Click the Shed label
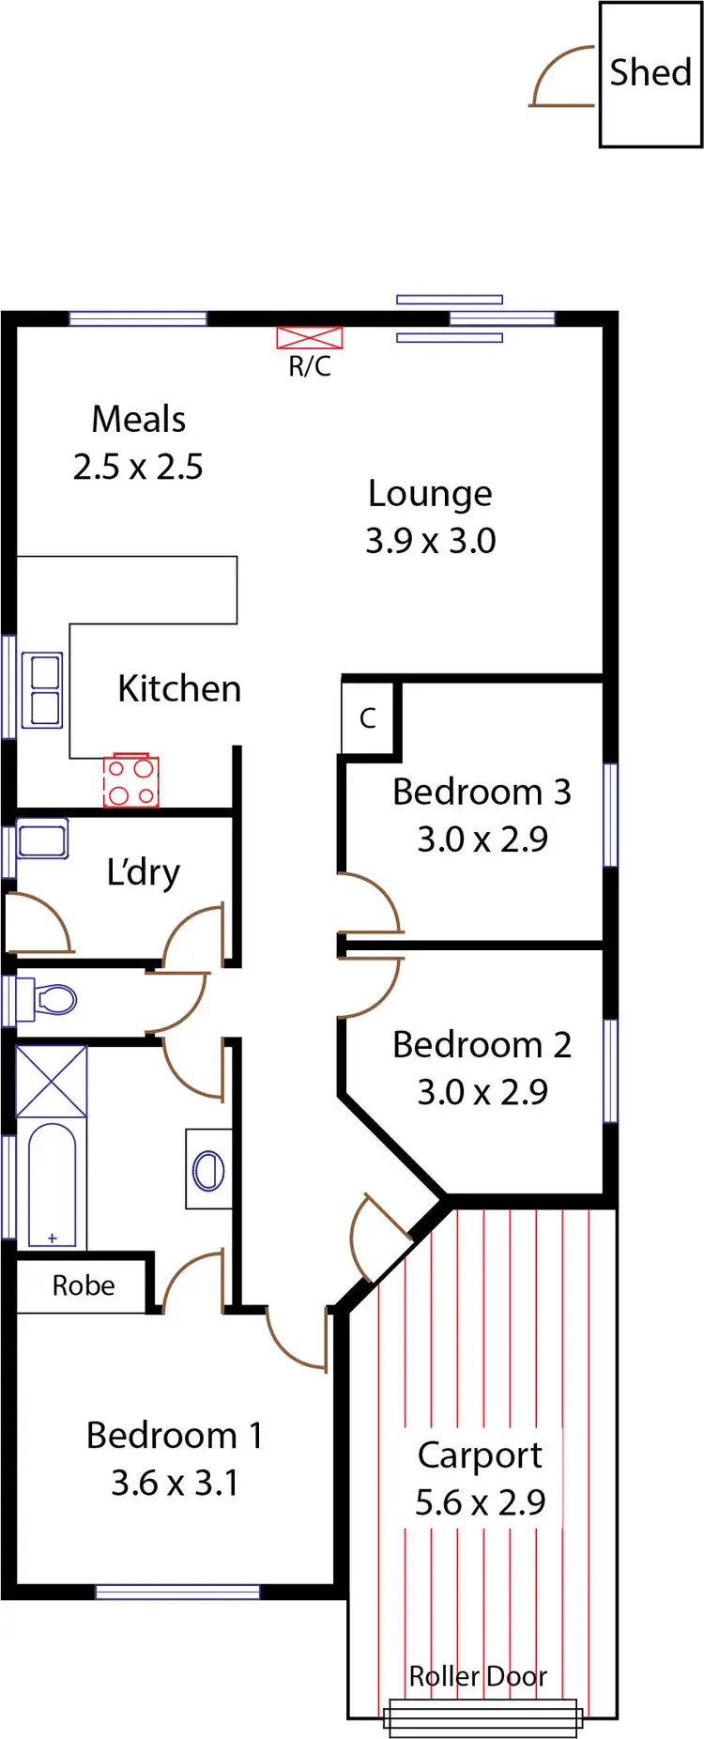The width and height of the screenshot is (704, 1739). (650, 72)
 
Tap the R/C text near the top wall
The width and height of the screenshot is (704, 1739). (309, 366)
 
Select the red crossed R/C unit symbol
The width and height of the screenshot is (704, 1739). (310, 338)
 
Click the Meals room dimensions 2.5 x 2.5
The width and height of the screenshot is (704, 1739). (138, 467)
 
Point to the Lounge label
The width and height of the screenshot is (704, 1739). (430, 494)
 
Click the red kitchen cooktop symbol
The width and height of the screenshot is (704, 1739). (130, 781)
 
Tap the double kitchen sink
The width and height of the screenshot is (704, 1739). (44, 690)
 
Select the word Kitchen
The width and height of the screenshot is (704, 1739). (179, 689)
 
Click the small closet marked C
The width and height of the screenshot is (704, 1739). (368, 718)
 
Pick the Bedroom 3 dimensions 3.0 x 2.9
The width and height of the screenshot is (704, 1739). (482, 839)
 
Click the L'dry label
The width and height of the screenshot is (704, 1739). (143, 872)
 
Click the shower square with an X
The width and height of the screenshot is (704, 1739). (52, 1081)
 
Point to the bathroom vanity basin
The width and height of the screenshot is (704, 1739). (208, 1170)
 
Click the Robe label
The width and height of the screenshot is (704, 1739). (83, 1285)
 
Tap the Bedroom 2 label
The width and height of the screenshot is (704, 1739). (482, 1045)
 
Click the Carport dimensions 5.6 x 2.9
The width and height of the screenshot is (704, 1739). (480, 1502)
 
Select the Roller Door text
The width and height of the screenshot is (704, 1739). (478, 1675)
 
